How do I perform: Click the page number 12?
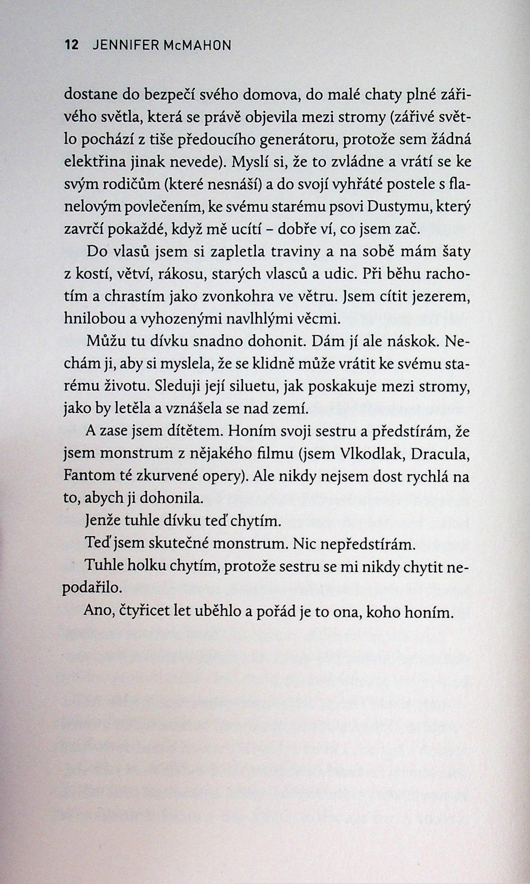click(x=71, y=45)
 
